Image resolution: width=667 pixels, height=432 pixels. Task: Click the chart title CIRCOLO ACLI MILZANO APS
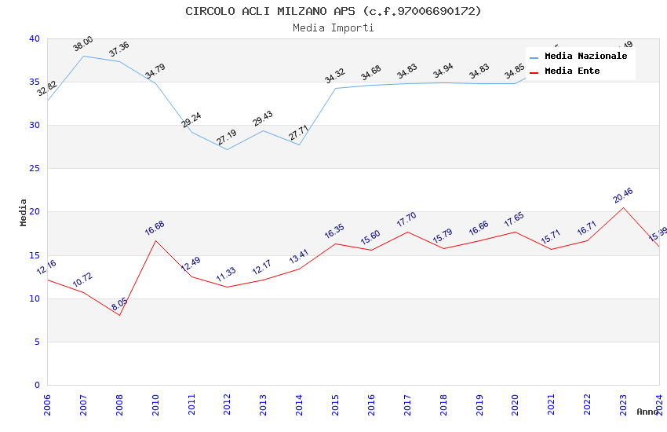click(333, 11)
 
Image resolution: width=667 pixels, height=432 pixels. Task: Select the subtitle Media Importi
click(333, 27)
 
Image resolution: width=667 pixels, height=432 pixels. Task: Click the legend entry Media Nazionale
click(585, 57)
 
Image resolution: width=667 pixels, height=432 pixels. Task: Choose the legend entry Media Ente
click(572, 71)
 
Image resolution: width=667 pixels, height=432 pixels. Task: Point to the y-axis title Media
click(24, 212)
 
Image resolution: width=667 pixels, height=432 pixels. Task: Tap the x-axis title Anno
click(647, 412)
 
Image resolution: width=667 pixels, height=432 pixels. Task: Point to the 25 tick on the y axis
click(34, 169)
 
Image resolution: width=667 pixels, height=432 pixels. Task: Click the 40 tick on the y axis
click(34, 39)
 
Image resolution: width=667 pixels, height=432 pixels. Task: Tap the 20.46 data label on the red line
click(623, 196)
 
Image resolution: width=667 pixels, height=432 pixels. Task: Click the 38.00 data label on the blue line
click(83, 45)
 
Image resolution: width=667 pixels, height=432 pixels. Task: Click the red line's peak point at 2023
click(623, 207)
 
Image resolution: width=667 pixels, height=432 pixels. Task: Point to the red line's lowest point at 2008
click(119, 315)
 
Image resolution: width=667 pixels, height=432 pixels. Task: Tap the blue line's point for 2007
click(83, 56)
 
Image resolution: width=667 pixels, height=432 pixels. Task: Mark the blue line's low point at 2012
click(227, 149)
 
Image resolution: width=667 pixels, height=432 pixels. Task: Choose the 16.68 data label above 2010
click(155, 229)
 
